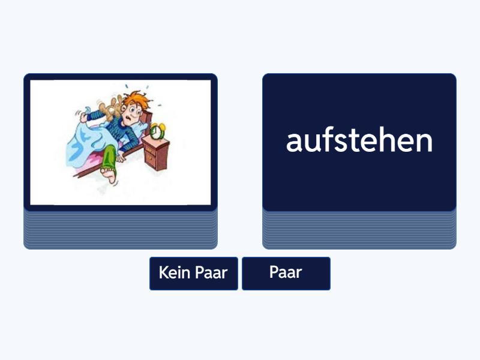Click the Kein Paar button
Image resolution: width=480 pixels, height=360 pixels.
coord(193,274)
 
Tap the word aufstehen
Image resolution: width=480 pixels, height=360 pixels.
coord(359,141)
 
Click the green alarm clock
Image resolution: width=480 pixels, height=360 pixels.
coord(157,131)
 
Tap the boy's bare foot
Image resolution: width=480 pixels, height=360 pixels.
coord(109,175)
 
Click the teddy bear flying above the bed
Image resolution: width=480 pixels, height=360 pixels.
coord(111,108)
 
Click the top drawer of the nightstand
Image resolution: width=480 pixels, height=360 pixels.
coord(151,151)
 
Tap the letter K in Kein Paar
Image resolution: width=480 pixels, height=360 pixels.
coord(163,272)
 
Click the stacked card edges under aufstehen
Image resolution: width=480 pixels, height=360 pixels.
coord(359,230)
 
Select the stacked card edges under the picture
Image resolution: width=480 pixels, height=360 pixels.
coord(121,230)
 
